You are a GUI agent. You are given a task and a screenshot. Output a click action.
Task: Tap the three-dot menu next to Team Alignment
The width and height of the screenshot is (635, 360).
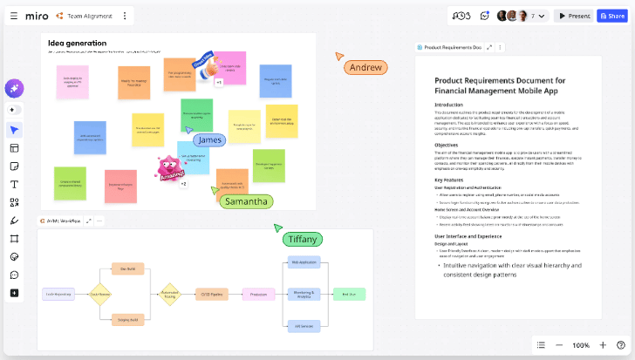point(125,16)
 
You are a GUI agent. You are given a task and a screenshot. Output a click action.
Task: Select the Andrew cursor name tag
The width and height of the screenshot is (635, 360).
point(365,67)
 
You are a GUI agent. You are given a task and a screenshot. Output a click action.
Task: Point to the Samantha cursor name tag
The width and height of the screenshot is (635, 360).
point(246,201)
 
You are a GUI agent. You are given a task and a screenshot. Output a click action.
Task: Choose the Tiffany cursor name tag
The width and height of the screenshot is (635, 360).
point(303,239)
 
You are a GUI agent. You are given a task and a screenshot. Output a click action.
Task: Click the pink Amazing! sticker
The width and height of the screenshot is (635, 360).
point(170,168)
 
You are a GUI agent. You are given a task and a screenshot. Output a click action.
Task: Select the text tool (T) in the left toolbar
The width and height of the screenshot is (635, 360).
point(15,184)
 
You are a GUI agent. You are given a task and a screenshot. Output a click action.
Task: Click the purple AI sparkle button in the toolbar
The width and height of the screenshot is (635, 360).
point(15,88)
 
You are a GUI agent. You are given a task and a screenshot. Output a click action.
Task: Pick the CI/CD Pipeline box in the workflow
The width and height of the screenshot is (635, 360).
point(210,294)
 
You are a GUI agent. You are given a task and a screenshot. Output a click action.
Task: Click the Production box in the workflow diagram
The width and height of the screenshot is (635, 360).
point(258,294)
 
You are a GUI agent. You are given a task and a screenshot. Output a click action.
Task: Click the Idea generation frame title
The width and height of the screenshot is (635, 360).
point(78,43)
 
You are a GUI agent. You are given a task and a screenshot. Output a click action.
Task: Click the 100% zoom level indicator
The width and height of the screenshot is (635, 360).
point(581,345)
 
